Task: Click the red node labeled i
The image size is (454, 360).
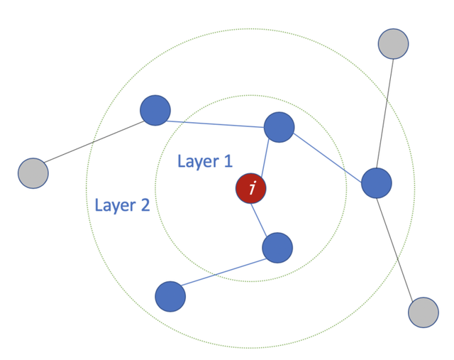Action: [x=251, y=189]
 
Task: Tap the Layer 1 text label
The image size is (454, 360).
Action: [x=204, y=161]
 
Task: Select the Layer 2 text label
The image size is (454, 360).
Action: [x=122, y=205]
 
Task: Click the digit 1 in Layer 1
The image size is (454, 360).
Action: [x=228, y=161]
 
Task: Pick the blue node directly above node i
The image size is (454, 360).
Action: [x=279, y=127]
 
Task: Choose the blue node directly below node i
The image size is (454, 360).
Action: [x=277, y=248]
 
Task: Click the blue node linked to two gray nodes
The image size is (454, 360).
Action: [x=377, y=183]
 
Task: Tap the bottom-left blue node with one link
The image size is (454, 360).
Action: [x=170, y=296]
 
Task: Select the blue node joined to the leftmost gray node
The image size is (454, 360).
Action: [x=155, y=111]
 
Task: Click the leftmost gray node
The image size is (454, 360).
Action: [x=33, y=173]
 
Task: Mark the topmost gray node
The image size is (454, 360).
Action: [x=393, y=43]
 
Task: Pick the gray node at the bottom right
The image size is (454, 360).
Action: [x=423, y=312]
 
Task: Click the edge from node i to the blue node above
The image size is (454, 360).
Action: [x=265, y=158]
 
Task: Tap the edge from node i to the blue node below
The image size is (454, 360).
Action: [x=264, y=218]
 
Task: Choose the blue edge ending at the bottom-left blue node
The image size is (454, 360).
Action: [x=223, y=272]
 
